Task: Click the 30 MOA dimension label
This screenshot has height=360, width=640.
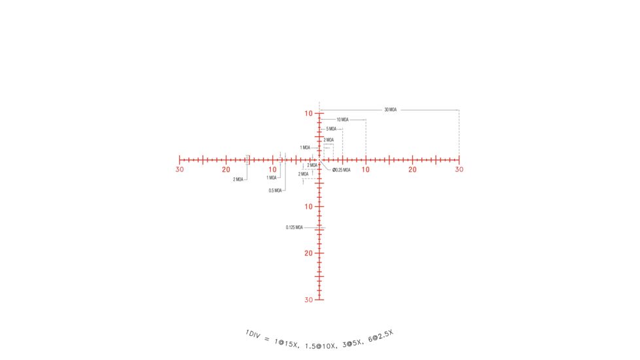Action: pos(390,110)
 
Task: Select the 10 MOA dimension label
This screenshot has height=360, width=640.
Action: pos(342,120)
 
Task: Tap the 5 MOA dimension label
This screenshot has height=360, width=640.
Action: pos(331,129)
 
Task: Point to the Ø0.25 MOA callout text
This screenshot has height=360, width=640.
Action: pos(341,170)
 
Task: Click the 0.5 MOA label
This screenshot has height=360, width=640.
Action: pos(275,190)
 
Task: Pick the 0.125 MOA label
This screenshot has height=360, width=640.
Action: pos(294,227)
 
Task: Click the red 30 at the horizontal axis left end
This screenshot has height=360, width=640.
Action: pos(179,170)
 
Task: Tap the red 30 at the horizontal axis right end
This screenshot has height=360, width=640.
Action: pos(459,170)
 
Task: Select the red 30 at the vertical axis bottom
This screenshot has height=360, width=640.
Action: pos(309,300)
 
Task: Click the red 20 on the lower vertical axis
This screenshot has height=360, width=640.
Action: pos(309,253)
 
